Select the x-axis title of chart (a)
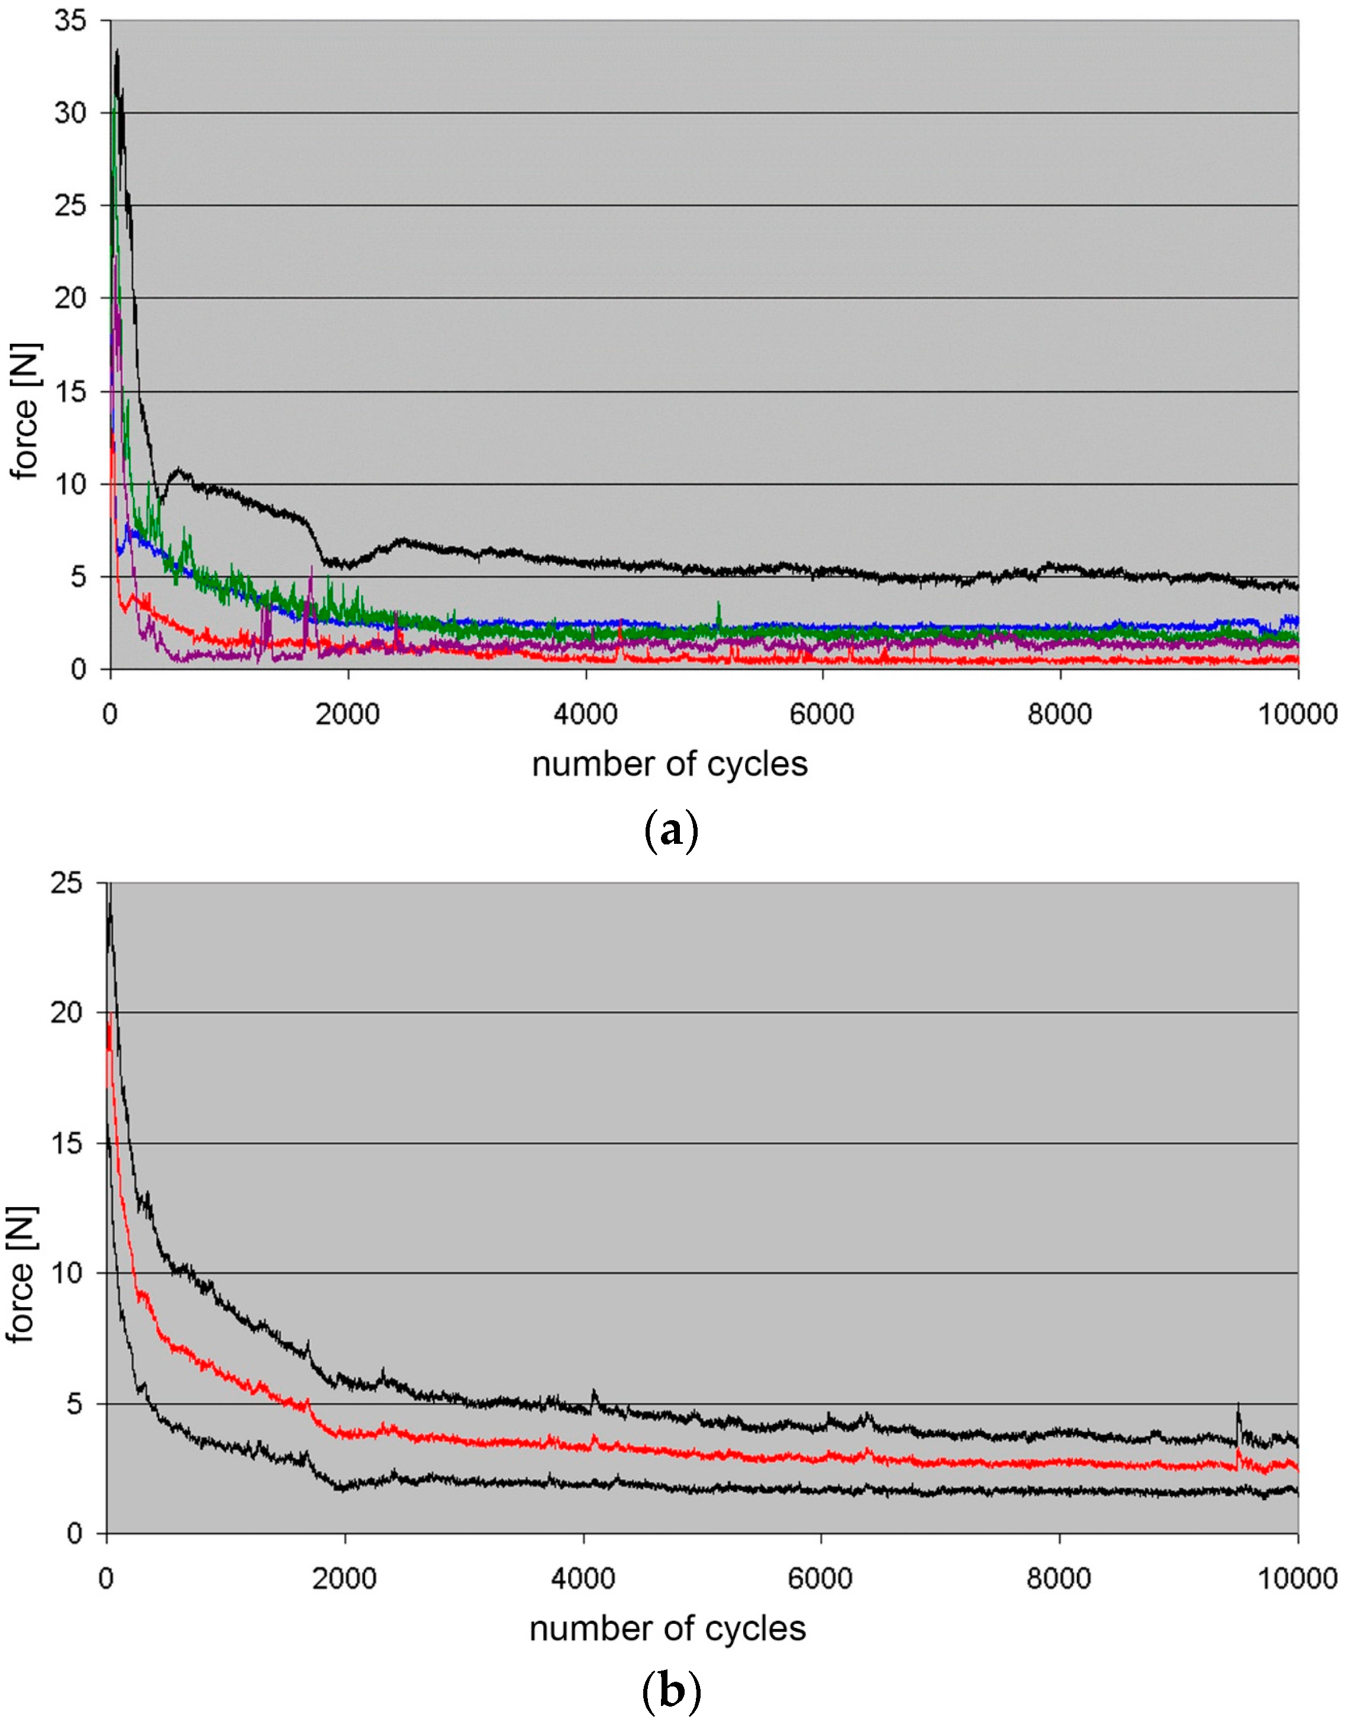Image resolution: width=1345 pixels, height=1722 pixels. coord(669,765)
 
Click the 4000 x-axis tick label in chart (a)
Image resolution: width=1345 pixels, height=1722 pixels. coord(585,714)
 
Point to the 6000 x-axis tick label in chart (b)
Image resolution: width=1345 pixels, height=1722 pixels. coord(821,1579)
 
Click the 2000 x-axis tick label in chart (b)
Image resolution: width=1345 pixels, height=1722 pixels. coord(344,1579)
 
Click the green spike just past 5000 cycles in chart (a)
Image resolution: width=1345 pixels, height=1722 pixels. coord(718,603)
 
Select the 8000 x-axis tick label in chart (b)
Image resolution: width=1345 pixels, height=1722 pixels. coord(1059,1579)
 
